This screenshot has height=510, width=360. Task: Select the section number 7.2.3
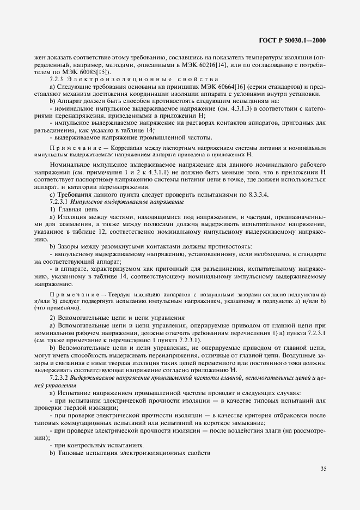click(57, 80)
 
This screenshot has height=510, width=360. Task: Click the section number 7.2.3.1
click(61, 202)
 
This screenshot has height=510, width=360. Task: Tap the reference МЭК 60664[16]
click(210, 87)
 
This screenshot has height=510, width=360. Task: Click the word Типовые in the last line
click(71, 453)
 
